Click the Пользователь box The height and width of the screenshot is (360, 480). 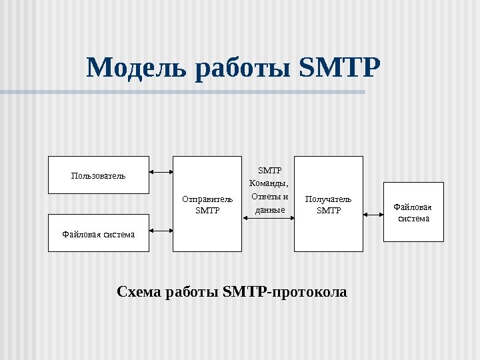pyautogui.click(x=98, y=175)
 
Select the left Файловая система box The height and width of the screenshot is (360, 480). pyautogui.click(x=98, y=233)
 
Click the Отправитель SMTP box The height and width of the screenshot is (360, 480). pyautogui.click(x=207, y=204)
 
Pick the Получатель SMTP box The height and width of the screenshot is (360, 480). pyautogui.click(x=328, y=204)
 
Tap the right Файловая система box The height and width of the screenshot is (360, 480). pyautogui.click(x=413, y=212)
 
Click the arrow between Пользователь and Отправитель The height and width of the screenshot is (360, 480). pyautogui.click(x=161, y=173)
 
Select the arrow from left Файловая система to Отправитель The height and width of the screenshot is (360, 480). pyautogui.click(x=161, y=231)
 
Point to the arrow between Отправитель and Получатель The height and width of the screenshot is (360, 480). pyautogui.click(x=268, y=217)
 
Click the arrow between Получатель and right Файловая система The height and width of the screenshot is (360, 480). pyautogui.click(x=373, y=215)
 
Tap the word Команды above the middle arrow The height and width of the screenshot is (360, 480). pyautogui.click(x=269, y=183)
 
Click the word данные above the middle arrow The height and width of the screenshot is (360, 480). pyautogui.click(x=269, y=209)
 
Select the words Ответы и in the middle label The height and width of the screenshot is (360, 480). pyautogui.click(x=269, y=197)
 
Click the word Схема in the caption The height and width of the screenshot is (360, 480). pyautogui.click(x=137, y=292)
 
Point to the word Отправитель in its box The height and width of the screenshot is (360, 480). pyautogui.click(x=207, y=199)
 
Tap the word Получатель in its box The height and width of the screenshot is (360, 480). pyautogui.click(x=328, y=199)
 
